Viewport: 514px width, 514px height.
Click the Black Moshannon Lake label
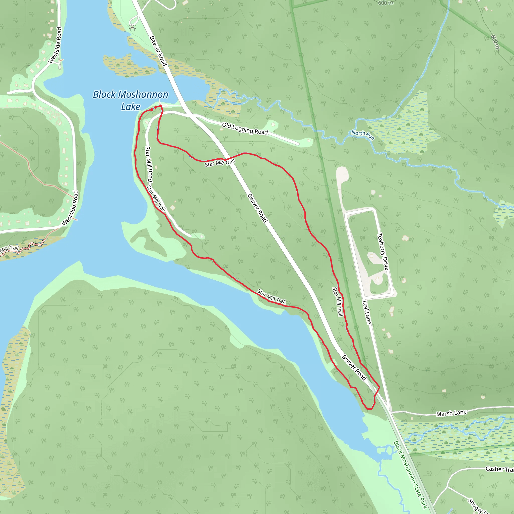[130, 100]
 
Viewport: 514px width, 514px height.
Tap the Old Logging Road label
[245, 128]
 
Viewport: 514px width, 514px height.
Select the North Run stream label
[363, 135]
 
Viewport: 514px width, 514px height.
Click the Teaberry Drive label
[383, 251]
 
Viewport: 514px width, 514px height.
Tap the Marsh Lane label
[451, 413]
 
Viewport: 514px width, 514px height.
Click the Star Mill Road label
[149, 164]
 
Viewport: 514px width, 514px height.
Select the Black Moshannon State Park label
[410, 475]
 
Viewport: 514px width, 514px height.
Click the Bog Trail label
[9, 249]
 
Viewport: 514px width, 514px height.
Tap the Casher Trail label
[499, 469]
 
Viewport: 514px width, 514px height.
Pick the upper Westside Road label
[55, 45]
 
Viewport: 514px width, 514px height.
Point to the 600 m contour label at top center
[385, 3]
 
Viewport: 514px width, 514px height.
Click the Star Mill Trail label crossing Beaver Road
[220, 163]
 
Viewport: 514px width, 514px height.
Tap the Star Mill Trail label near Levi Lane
[337, 301]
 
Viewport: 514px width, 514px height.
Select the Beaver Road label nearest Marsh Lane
[354, 367]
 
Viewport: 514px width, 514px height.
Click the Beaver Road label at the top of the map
[158, 51]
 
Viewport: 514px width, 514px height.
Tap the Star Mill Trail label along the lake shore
[271, 297]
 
